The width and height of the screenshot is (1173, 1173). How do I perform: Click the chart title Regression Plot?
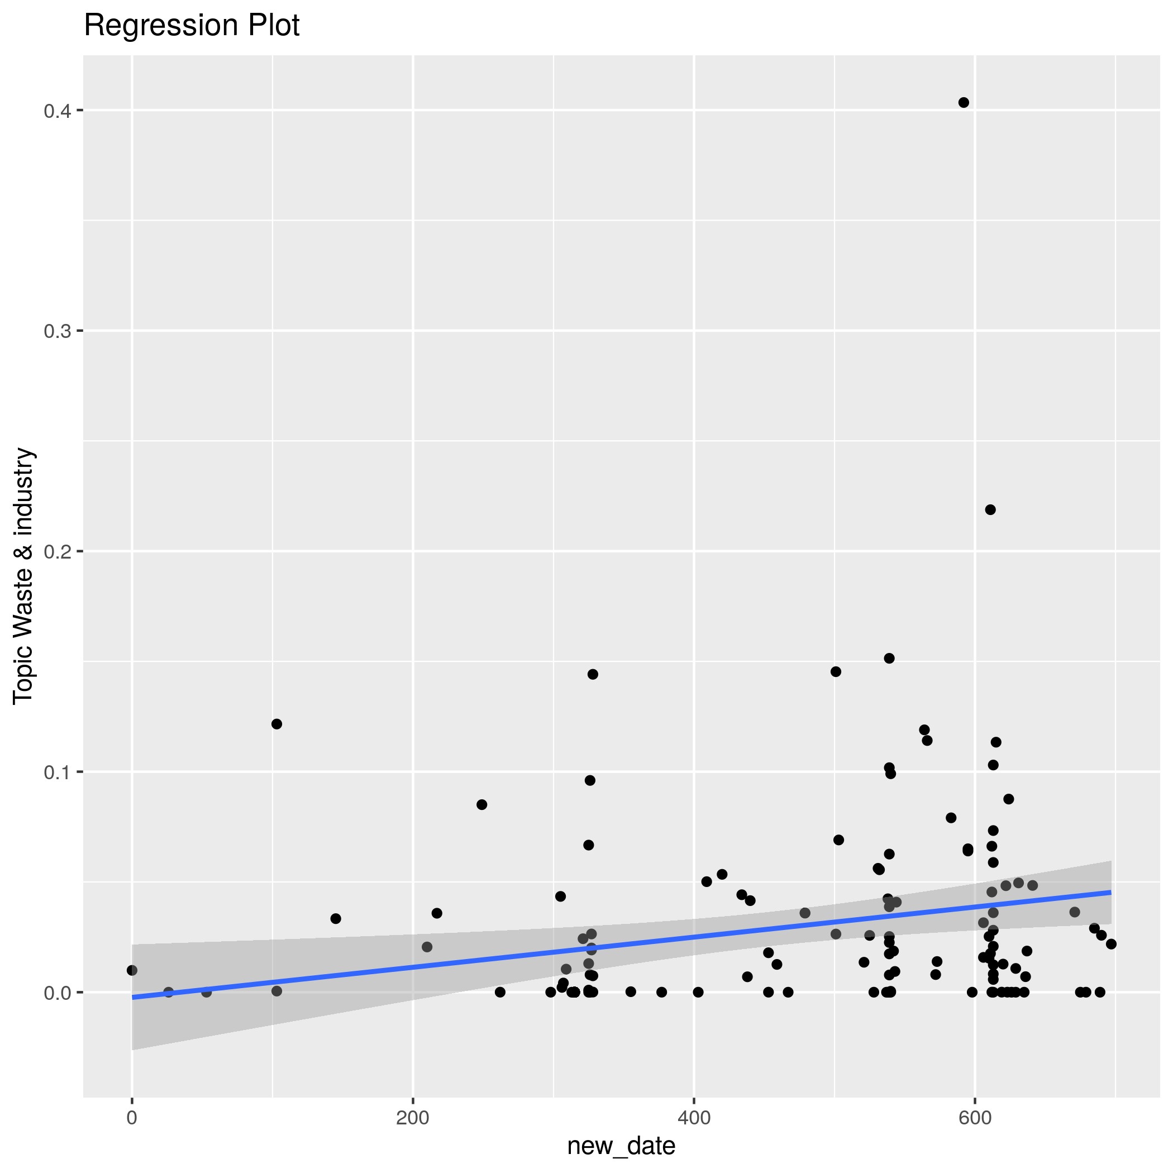coord(191,26)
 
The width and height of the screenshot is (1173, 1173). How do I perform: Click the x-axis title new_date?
coord(621,1146)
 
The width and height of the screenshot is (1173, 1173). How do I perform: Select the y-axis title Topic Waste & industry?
coord(23,575)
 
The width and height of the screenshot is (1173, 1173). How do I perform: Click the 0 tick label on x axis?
coord(132,1118)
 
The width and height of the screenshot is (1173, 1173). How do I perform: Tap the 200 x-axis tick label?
coord(413,1118)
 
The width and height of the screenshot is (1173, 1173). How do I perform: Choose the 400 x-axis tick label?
coord(693,1118)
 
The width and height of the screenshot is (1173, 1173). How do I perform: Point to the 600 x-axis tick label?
coord(975,1118)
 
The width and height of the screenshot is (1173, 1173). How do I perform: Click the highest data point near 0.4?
coord(964,103)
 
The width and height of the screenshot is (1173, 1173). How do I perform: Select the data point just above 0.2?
coord(990,509)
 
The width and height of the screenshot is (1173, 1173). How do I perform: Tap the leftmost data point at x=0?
coord(132,970)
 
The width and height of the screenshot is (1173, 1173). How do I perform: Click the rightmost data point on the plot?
coord(1111,944)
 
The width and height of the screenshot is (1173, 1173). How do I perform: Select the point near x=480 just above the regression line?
coord(805,913)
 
